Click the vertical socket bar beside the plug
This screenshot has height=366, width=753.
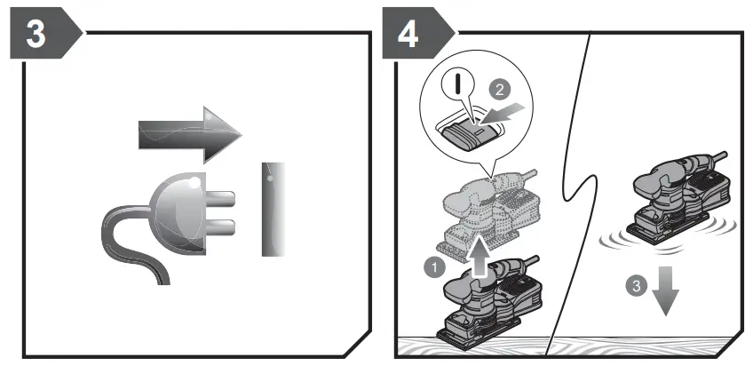click(272, 209)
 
